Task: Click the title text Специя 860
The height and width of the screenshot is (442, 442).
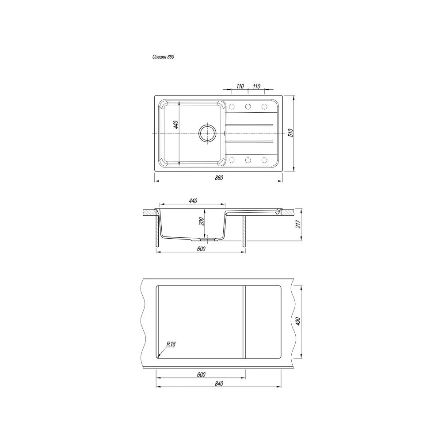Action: click(x=163, y=57)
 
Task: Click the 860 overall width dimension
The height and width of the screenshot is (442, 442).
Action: click(x=219, y=178)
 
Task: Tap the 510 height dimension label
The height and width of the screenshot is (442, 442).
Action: click(x=291, y=133)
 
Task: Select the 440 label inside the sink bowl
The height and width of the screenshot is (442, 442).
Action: click(x=176, y=125)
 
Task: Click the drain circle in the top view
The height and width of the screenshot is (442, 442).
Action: click(x=208, y=133)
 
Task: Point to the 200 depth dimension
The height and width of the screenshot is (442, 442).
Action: click(x=201, y=221)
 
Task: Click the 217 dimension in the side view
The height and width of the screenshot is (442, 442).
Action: click(x=299, y=224)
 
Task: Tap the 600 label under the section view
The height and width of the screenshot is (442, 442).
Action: click(x=201, y=248)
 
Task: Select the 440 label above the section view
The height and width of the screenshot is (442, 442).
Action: click(x=193, y=201)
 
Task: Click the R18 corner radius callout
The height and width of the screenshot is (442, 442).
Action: click(x=171, y=344)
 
